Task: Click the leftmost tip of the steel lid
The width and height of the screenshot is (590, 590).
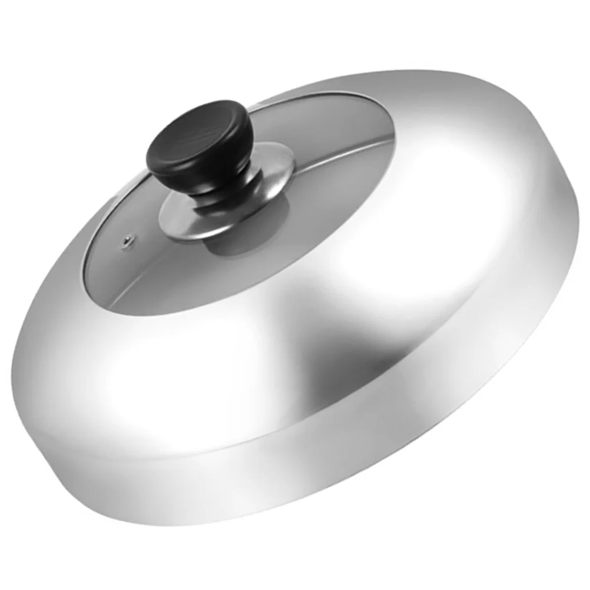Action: pyautogui.click(x=13, y=377)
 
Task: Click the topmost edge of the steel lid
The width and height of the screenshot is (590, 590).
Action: pyautogui.click(x=412, y=72)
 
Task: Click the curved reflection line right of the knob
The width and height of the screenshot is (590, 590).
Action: pyautogui.click(x=330, y=156)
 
